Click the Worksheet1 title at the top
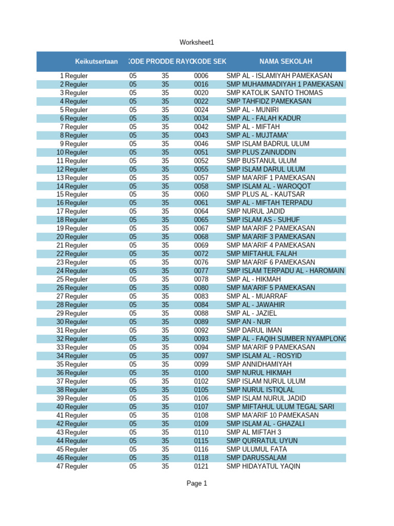coord(196,42)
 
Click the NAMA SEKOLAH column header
coord(286,61)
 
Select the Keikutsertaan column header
coord(96,61)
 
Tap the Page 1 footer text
coord(197,483)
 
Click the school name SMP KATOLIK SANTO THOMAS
coord(274,92)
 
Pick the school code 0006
coord(201,76)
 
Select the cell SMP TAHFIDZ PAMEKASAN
coord(269,101)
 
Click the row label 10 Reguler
coord(72,152)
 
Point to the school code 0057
coord(201,177)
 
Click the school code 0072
coord(201,254)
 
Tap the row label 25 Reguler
coord(72,279)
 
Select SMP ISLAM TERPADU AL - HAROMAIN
coord(285,271)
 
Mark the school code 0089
coord(201,322)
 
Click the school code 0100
coord(201,372)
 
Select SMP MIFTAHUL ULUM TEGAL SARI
coord(280,406)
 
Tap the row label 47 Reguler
coord(72,466)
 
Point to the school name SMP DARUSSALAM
coord(257,458)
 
